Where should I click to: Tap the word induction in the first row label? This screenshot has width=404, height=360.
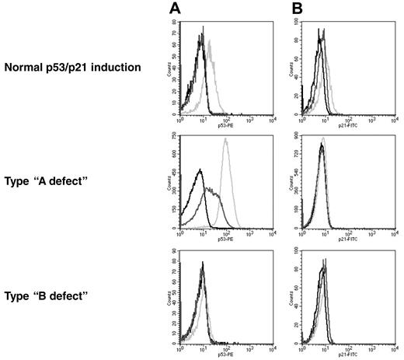pos(117,68)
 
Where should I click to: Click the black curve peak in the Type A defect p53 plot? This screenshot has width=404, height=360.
pos(200,170)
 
